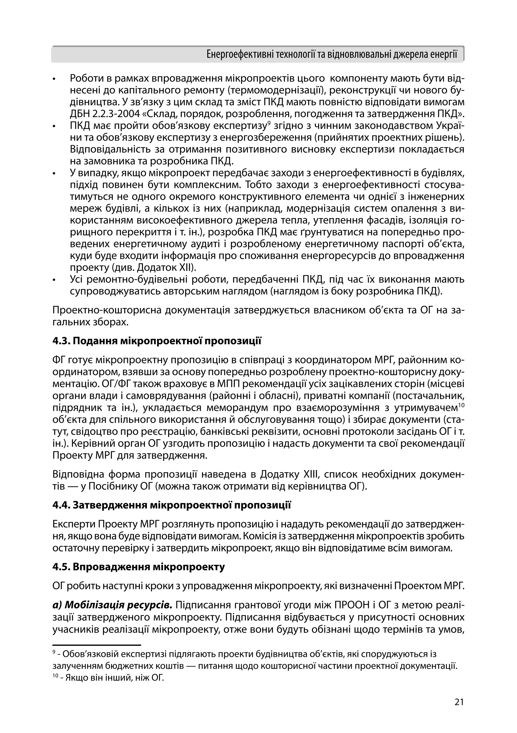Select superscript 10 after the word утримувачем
(x=461, y=405)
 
